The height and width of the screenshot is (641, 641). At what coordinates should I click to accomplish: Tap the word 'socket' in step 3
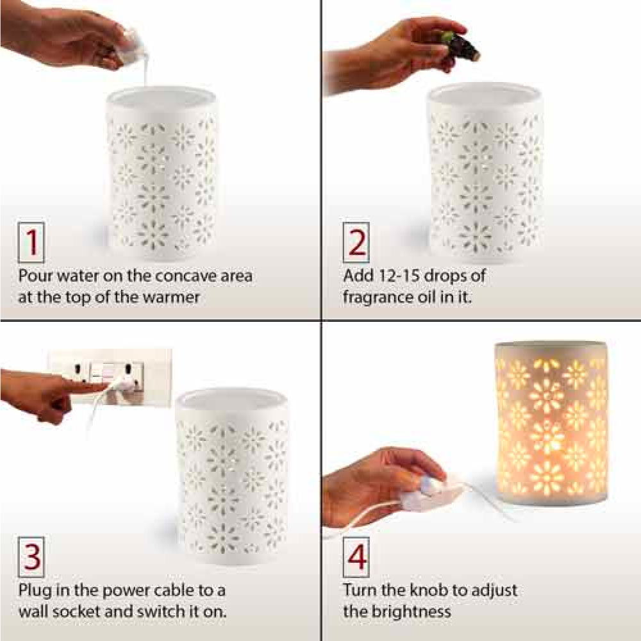pyautogui.click(x=93, y=611)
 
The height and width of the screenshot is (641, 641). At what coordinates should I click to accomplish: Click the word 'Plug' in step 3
pyautogui.click(x=36, y=590)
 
